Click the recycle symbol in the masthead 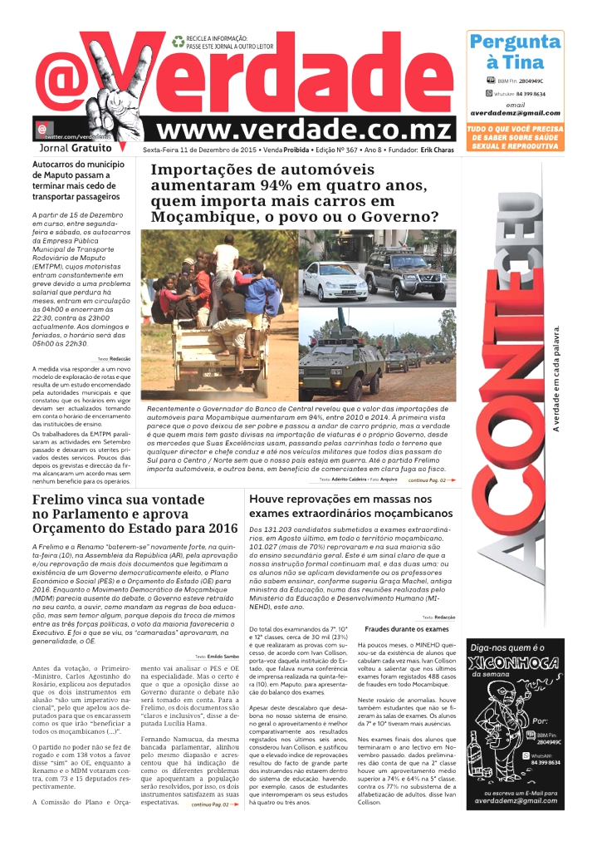tap(178, 39)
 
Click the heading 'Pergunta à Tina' tap(515, 52)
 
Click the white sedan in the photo tap(335, 283)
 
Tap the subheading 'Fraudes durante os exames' tap(407, 629)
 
